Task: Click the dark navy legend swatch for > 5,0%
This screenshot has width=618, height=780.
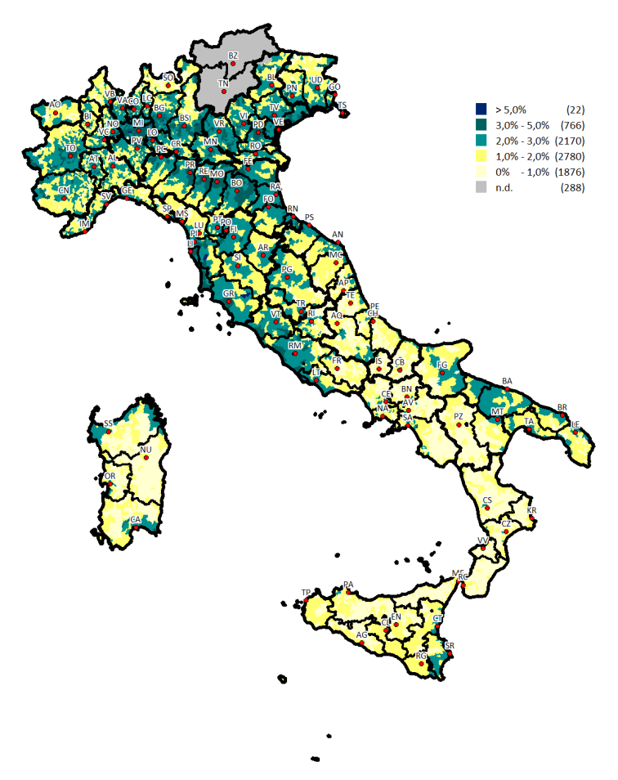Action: pos(481,110)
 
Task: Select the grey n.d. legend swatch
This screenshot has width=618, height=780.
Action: pos(481,188)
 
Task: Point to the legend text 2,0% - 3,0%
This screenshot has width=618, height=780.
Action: pos(522,141)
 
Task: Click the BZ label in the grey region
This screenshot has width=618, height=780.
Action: pos(233,56)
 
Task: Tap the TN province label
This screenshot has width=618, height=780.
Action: pos(223,83)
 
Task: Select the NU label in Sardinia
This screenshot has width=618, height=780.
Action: pos(146,451)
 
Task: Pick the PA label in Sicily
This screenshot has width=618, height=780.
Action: pos(349,585)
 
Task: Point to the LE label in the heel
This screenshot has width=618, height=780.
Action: pos(575,424)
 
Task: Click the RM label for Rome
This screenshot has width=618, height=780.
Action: pos(294,346)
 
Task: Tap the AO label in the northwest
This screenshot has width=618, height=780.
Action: pos(55,105)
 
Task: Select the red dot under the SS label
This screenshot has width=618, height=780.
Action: pos(109,432)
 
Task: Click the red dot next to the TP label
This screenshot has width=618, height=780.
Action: pos(306,600)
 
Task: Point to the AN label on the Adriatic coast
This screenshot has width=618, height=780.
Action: pos(338,235)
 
